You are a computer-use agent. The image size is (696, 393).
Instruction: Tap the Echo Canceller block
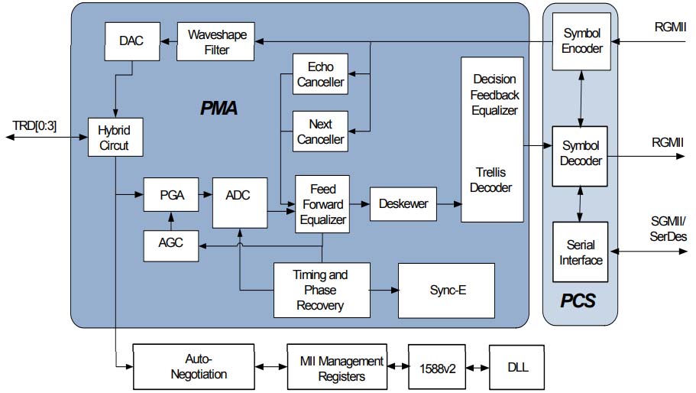[x=321, y=74]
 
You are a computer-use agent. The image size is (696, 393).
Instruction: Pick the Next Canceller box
[x=321, y=132]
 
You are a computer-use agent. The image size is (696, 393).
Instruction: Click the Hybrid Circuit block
[x=114, y=138]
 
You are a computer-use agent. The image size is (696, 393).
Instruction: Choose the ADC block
[x=240, y=195]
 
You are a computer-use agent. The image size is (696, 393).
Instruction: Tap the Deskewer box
[x=402, y=203]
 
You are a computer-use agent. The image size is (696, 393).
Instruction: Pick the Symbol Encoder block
[x=581, y=41]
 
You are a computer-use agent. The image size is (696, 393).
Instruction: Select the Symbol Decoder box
[x=581, y=154]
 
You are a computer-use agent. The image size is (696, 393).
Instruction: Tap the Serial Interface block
[x=581, y=252]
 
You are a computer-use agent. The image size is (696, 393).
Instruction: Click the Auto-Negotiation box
[x=193, y=366]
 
